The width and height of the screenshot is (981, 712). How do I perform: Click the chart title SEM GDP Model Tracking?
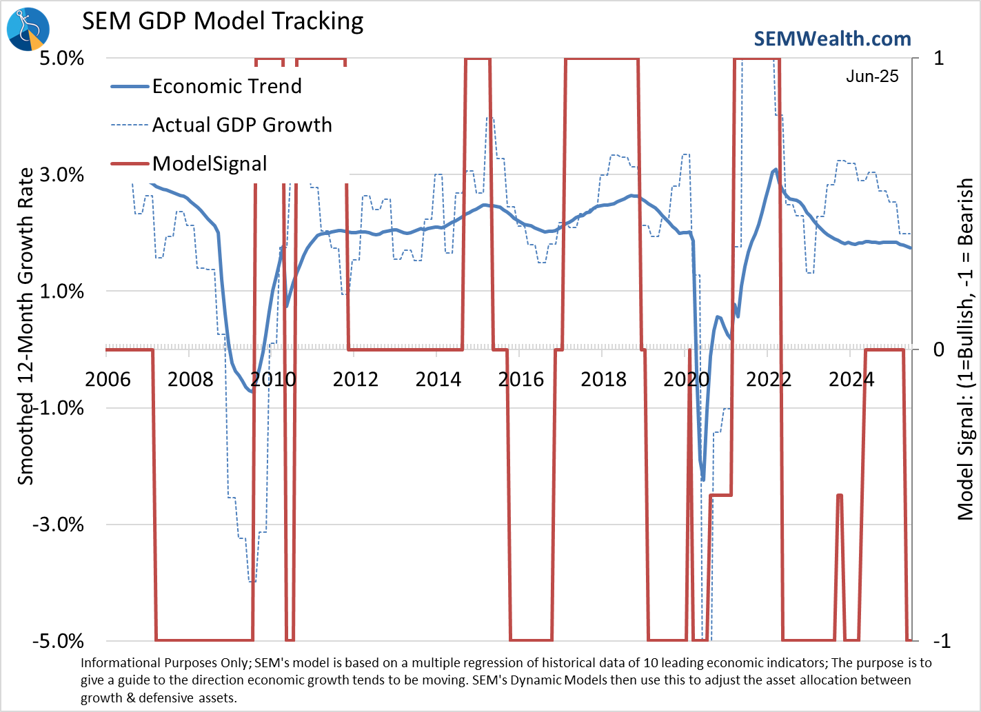coord(223,21)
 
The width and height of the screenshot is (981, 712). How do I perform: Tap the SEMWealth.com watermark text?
coord(832,39)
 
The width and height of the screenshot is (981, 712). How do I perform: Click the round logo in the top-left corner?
coord(28,30)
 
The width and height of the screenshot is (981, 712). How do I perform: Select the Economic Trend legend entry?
coord(227,86)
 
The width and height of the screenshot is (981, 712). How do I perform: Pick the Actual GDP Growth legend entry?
coord(242,125)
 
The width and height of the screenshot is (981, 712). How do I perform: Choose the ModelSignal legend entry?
coord(210,164)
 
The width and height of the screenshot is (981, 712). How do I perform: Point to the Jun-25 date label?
coord(872,77)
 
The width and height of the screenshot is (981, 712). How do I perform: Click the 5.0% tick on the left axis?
coord(61,58)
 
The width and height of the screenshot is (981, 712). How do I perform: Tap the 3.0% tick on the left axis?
coord(61,174)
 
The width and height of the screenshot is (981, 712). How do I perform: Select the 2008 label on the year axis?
coord(190,380)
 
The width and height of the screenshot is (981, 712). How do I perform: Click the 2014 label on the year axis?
coord(438,380)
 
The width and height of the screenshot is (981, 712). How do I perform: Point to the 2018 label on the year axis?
coord(603,380)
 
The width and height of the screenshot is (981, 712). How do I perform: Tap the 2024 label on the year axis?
coord(851,380)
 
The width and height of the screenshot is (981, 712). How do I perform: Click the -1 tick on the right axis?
coord(942,641)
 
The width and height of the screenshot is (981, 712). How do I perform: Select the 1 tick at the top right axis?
coord(939,58)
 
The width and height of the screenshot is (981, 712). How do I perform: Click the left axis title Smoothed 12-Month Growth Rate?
coord(26,326)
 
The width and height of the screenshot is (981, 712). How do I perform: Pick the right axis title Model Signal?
coord(966,349)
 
